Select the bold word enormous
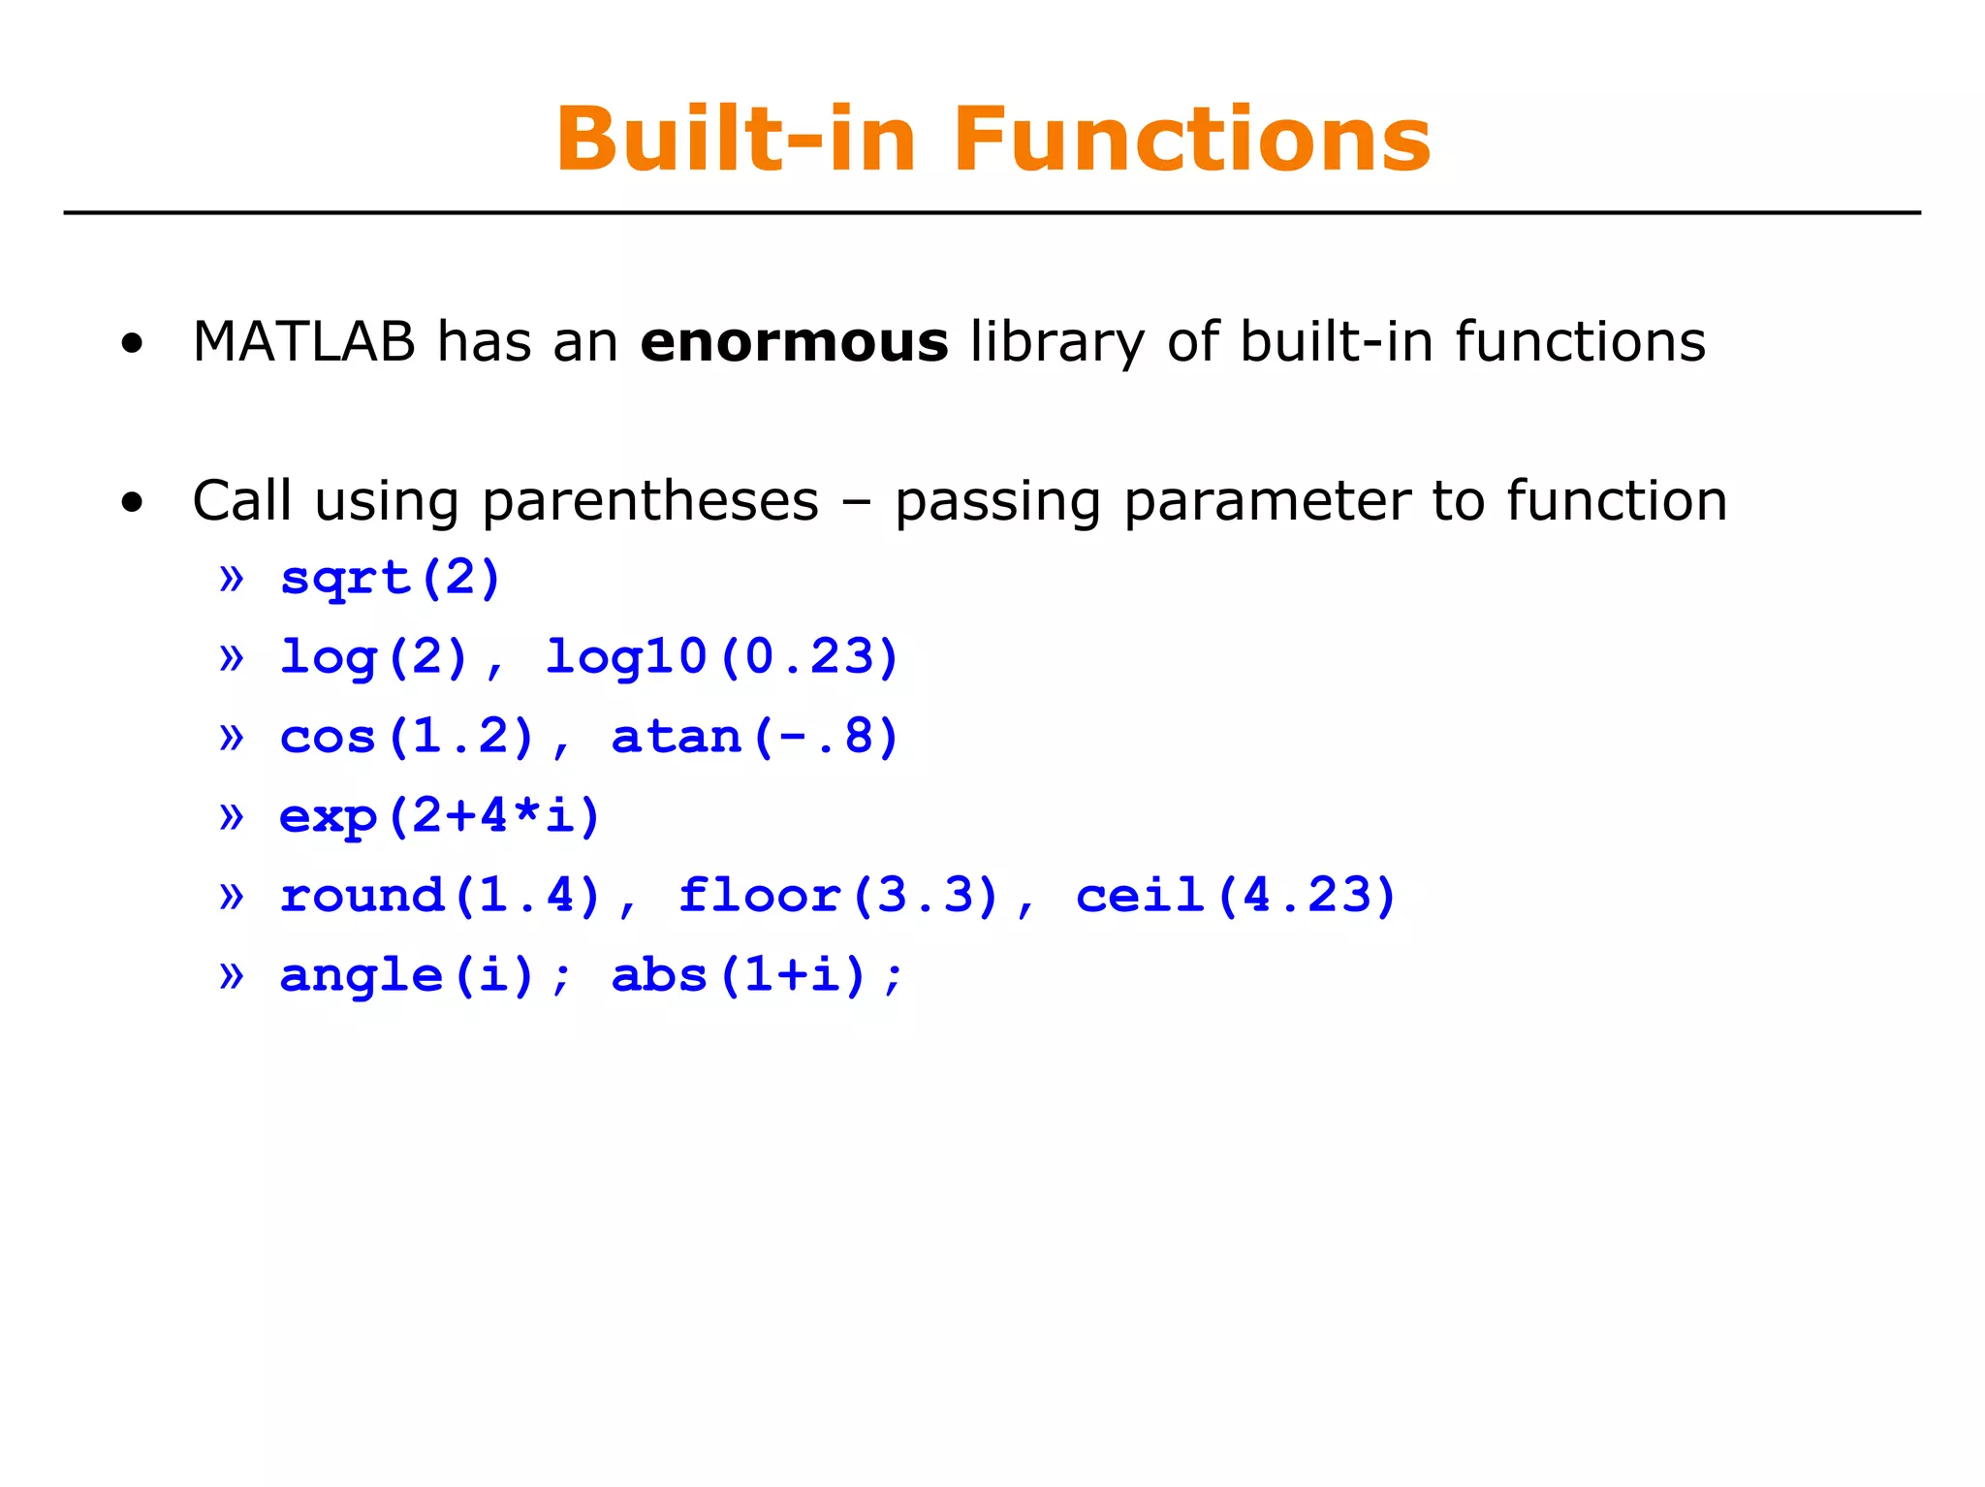click(x=794, y=342)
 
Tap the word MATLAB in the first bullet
click(x=303, y=342)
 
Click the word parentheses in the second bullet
click(x=649, y=502)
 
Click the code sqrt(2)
click(x=390, y=579)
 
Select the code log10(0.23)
click(x=722, y=658)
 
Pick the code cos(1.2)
click(x=407, y=738)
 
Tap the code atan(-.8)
click(x=755, y=738)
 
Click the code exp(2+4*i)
click(x=440, y=816)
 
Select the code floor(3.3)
click(x=838, y=896)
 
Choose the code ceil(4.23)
click(x=1236, y=896)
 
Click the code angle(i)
click(x=407, y=975)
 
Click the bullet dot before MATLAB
click(x=132, y=343)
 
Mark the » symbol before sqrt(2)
click(x=232, y=579)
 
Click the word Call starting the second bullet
click(x=241, y=501)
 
